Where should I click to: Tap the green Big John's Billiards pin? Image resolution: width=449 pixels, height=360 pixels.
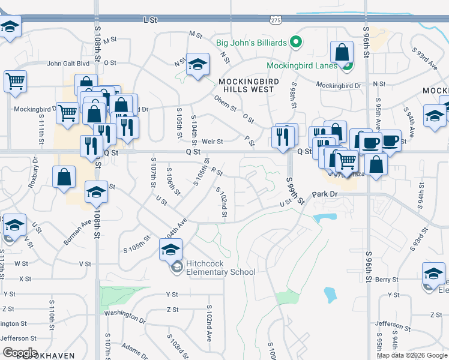[x=295, y=42]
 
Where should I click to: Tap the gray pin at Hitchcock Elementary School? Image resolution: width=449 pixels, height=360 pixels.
[x=176, y=268]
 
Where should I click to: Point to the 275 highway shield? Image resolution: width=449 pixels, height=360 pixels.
[x=276, y=20]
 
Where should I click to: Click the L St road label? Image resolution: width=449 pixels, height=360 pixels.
[x=149, y=20]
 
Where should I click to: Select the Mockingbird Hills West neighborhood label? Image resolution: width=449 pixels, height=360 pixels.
[x=246, y=85]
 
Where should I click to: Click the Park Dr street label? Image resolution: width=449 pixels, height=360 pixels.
[x=324, y=195]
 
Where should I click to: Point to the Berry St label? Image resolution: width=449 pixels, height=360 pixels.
[x=387, y=280]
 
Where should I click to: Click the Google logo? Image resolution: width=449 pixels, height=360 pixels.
[x=20, y=352]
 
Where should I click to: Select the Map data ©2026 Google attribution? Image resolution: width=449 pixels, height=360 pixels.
[x=412, y=355]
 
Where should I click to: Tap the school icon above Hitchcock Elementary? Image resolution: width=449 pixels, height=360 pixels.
[x=171, y=248]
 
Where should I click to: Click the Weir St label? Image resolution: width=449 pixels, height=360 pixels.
[x=212, y=142]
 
